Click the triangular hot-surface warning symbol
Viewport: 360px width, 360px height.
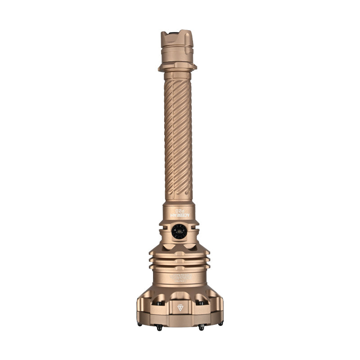(x=180, y=308)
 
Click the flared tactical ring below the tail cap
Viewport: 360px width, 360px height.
(x=177, y=67)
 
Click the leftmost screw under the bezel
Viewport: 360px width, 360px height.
(x=139, y=324)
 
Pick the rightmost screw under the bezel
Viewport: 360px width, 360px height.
(x=220, y=324)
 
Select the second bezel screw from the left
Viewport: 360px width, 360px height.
(x=159, y=328)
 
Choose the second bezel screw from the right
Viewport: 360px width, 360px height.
(x=201, y=328)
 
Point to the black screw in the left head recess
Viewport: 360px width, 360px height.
(x=158, y=304)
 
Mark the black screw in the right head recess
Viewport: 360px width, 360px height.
(x=201, y=304)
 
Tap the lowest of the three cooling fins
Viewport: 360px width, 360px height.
(x=180, y=267)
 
